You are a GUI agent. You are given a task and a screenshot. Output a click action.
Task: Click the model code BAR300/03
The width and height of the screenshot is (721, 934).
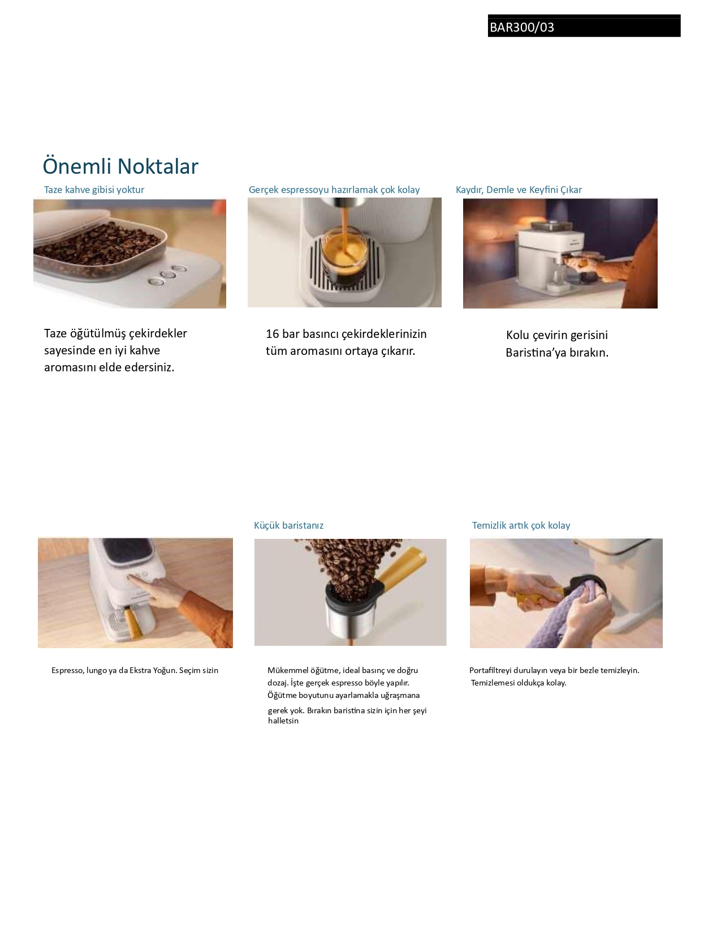522,27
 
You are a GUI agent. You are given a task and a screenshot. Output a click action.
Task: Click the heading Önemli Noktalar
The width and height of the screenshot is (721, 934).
120,166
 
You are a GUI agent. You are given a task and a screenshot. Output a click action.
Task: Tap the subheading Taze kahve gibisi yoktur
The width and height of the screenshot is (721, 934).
94,190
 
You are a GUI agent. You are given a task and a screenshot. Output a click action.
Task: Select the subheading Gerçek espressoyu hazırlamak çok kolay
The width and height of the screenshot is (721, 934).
334,190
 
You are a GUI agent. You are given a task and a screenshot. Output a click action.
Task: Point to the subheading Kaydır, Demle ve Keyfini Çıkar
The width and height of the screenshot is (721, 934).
519,190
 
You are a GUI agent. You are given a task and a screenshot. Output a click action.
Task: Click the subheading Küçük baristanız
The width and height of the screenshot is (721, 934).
288,525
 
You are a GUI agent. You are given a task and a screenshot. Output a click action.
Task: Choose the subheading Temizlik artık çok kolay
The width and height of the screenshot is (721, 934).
521,525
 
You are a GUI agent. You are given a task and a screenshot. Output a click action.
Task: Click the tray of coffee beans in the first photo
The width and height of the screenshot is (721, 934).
100,248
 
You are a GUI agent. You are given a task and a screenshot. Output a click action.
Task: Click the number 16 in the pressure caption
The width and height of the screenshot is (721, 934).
272,334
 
